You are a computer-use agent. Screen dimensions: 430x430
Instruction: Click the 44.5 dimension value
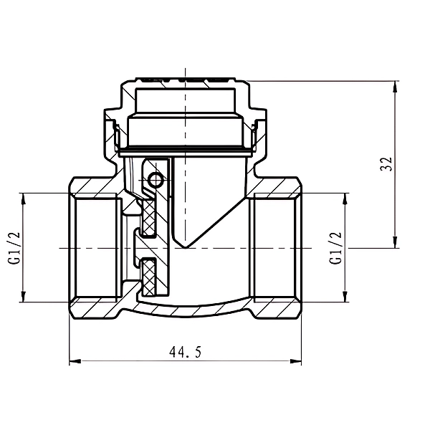tap(186, 352)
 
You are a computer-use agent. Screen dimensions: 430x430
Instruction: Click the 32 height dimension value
tap(386, 164)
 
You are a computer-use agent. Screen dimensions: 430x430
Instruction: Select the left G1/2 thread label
tap(14, 248)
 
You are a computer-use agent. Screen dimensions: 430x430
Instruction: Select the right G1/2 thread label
tap(335, 248)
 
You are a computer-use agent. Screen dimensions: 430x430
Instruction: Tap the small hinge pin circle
tap(156, 180)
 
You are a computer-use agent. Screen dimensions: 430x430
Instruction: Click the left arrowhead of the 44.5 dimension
tap(75, 361)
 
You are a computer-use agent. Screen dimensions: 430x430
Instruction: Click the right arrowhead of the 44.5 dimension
tap(295, 361)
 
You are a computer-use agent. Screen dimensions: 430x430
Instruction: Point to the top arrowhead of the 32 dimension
tap(395, 87)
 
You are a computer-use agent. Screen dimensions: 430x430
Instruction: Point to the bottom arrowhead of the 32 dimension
tap(395, 242)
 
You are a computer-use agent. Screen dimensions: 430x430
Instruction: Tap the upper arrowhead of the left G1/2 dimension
tap(24, 199)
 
